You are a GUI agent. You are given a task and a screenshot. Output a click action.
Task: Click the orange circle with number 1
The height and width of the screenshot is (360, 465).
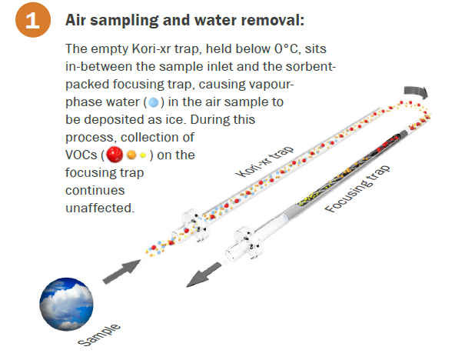coord(33,19)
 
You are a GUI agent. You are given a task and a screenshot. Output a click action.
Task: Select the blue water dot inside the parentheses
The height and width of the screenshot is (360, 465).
coord(153,102)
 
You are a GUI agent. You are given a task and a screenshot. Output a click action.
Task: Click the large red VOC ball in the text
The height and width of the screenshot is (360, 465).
coord(115,155)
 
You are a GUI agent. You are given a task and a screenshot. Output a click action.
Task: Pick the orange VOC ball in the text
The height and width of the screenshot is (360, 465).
coord(131,155)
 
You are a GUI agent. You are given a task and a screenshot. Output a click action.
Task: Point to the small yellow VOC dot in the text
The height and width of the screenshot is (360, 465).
coord(143,155)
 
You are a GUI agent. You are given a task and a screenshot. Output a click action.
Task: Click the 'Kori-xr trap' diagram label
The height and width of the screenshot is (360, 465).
coord(264,162)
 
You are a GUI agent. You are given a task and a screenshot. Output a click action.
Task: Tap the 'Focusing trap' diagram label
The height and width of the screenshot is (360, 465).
coord(357,188)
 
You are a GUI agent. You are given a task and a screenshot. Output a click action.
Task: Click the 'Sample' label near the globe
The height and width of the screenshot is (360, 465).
coord(99,335)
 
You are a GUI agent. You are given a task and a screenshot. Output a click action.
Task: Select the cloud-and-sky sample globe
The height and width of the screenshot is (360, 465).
coord(66,304)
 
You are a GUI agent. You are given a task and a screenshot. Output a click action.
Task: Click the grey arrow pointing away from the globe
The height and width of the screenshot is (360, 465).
coord(121,272)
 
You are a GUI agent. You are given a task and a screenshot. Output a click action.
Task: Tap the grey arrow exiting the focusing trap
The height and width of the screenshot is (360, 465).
coord(204,275)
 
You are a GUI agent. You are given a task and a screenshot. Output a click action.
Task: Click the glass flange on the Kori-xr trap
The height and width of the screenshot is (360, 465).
coord(195,226)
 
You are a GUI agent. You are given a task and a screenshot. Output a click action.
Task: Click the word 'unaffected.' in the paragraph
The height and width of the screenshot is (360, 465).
coord(100,208)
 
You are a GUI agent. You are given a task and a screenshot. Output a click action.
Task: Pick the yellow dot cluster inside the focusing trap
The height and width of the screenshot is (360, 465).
coord(311,198)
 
